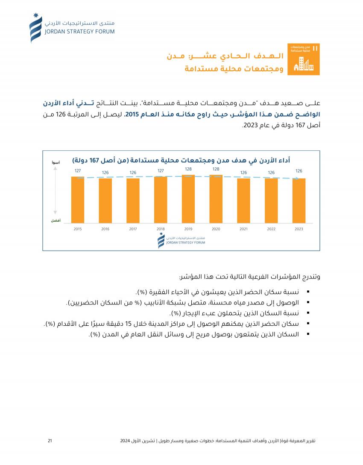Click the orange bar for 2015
pos(78,199)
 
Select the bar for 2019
pos(188,199)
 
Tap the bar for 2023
pos(299,200)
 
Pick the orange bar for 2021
pos(243,200)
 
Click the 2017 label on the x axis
pos(133,229)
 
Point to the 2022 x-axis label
pos(271,229)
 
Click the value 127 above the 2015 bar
pos(78,171)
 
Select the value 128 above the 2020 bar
pos(216,169)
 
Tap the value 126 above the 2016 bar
pos(105,173)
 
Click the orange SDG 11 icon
pos(303,59)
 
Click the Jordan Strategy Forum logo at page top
pos(72,28)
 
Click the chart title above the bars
pos(181,160)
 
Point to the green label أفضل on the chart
pos(56,220)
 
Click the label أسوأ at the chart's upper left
pos(56,163)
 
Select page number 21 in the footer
pos(50,441)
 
